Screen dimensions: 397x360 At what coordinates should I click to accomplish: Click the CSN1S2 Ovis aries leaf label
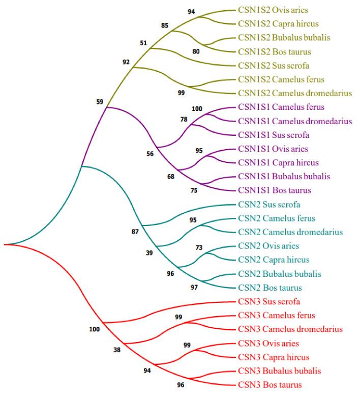(273, 10)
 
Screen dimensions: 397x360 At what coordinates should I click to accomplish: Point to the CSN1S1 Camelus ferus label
(275, 107)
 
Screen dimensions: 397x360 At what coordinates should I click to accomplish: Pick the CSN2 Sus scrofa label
(265, 204)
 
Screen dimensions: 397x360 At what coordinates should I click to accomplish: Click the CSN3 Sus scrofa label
(265, 301)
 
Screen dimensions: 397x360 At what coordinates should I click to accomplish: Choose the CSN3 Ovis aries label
(266, 343)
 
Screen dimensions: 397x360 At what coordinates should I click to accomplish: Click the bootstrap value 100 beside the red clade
(94, 329)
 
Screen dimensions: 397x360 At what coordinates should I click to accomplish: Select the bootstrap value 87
(135, 232)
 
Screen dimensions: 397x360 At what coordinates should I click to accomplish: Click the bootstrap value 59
(100, 102)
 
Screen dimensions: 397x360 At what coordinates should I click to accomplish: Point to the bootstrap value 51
(144, 43)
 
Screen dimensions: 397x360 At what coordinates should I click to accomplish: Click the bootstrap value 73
(199, 247)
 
